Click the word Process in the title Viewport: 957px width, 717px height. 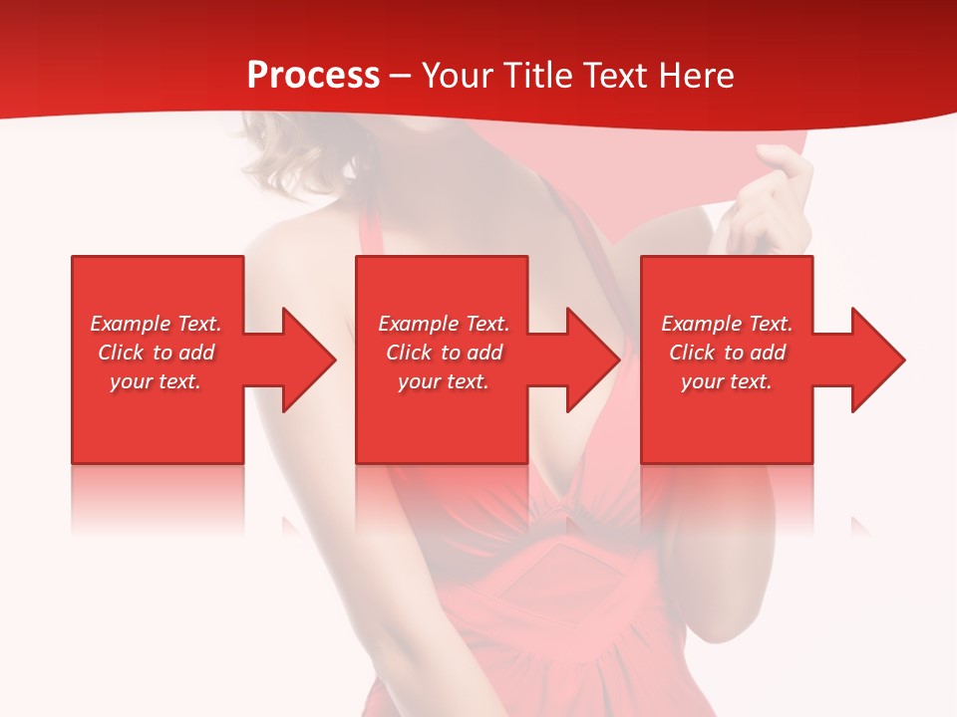coord(313,76)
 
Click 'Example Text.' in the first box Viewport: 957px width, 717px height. coord(156,324)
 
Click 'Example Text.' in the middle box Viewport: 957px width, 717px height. coord(444,324)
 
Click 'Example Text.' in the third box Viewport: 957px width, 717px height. coord(727,324)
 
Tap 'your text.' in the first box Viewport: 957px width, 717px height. coord(156,381)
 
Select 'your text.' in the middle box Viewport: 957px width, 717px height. coord(444,381)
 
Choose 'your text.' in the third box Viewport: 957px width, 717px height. coord(727,381)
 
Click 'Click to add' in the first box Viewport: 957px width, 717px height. coord(156,353)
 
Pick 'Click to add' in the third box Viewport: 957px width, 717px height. coord(727,353)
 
